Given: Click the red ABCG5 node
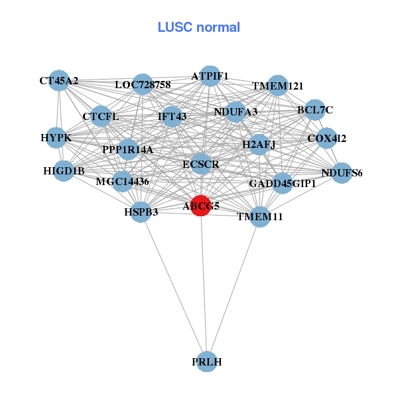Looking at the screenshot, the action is tap(201, 206).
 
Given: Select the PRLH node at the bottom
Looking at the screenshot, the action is tap(207, 362).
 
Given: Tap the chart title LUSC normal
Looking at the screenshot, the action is tap(198, 27).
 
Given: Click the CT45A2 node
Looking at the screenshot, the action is tap(59, 81).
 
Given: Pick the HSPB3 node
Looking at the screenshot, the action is tap(141, 212).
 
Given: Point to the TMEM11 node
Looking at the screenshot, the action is tap(260, 216).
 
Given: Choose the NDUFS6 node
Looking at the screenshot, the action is tap(342, 173).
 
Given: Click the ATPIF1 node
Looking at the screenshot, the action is tap(210, 76).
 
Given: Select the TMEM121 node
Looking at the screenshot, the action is tap(278, 86).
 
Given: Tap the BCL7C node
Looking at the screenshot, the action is tap(314, 109).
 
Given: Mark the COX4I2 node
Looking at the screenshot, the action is tap(326, 139).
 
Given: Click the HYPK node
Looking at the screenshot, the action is tap(56, 138).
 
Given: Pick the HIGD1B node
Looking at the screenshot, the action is tap(64, 171).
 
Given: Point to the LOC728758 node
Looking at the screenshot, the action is tap(143, 84).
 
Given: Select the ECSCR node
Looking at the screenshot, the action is tap(201, 163).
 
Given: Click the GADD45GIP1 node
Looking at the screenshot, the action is tap(283, 183).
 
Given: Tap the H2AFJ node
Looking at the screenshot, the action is tap(259, 143).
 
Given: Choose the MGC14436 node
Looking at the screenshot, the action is tap(122, 181).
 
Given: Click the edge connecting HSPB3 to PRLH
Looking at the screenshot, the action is tap(174, 287).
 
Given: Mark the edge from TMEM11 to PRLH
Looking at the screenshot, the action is tap(233, 289).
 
